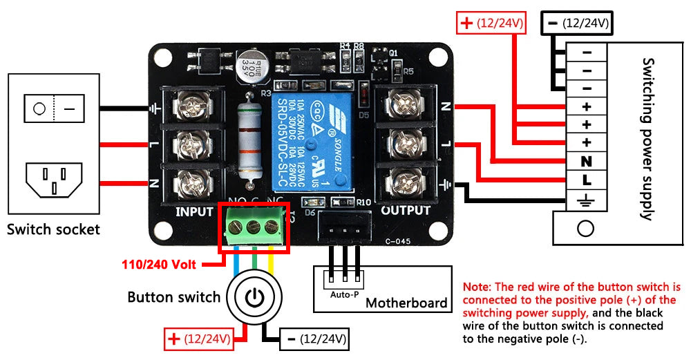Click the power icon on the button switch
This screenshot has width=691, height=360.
(255, 299)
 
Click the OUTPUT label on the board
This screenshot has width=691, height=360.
(406, 210)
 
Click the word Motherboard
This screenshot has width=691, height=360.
(406, 303)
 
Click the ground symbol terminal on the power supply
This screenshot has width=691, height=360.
(587, 200)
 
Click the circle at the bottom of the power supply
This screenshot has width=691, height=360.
(585, 228)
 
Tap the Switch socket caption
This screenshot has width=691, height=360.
(53, 229)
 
